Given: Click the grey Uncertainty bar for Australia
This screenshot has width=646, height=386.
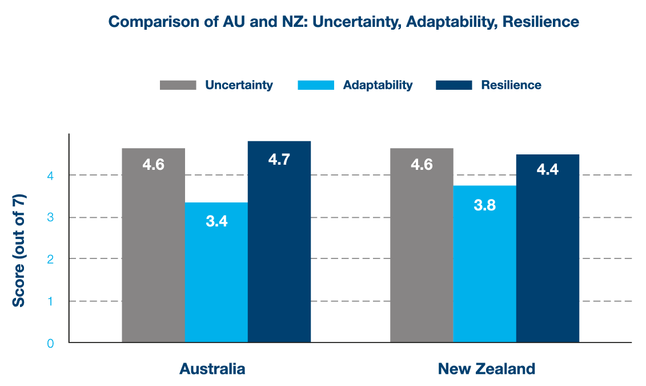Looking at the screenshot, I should click(x=153, y=246).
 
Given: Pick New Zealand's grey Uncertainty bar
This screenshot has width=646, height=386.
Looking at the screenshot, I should click(x=422, y=246).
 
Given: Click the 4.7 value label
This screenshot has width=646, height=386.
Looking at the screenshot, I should click(x=279, y=159).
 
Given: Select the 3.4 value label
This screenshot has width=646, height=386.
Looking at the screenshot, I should click(x=216, y=221).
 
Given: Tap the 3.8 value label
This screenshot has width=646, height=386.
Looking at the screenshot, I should click(x=484, y=204).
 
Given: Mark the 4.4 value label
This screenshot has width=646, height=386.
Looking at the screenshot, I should click(x=547, y=170).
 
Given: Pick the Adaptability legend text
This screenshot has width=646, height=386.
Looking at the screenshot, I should click(x=378, y=85).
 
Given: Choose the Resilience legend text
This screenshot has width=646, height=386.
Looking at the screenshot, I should click(x=511, y=85).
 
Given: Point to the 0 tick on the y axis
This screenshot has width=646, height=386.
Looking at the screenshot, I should click(x=50, y=343).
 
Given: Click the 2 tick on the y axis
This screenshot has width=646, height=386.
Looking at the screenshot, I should click(x=50, y=259).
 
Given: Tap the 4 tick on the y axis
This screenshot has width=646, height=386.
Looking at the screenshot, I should click(x=50, y=176).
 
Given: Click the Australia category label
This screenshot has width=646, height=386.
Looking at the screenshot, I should click(x=212, y=369).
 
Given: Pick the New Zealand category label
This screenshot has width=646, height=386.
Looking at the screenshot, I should click(x=487, y=369).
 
